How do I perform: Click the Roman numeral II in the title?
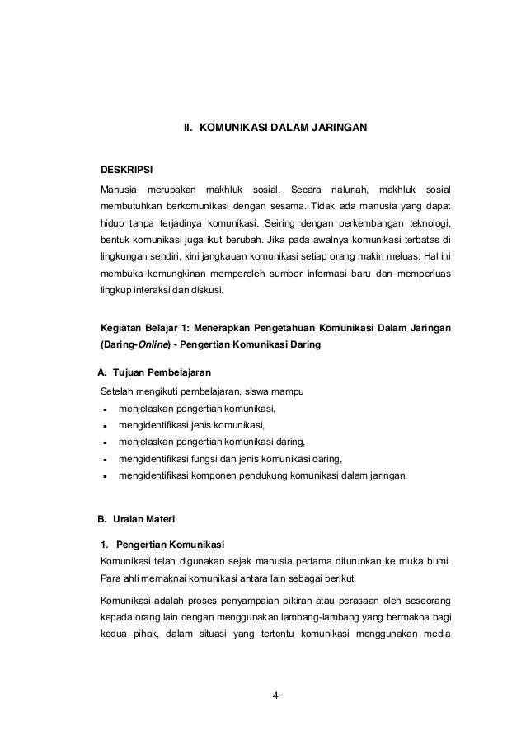pos(187,129)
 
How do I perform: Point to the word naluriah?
pos(350,190)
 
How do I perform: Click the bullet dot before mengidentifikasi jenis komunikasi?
pos(103,426)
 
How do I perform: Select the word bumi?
pos(437,561)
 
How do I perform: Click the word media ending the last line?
pos(434,632)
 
